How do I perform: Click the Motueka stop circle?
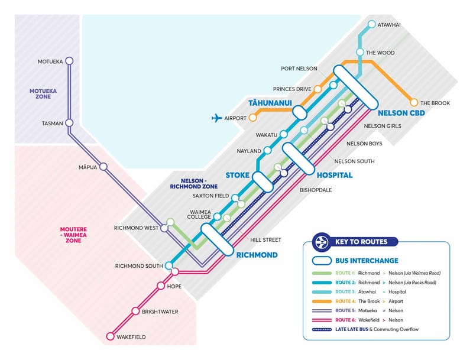[x=69, y=61]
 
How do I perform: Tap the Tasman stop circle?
[x=69, y=123]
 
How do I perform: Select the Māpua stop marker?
[x=103, y=167]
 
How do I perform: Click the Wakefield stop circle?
[x=111, y=336]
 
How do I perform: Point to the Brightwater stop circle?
[x=136, y=311]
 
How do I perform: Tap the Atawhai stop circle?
[x=372, y=24]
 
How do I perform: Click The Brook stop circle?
[x=414, y=102]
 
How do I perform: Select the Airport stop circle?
[x=252, y=118]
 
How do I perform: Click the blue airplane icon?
[x=216, y=118]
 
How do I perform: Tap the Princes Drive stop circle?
[x=318, y=89]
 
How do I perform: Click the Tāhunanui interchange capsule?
[x=300, y=112]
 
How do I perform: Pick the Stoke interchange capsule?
[x=263, y=182]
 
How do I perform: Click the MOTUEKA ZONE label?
[x=43, y=94]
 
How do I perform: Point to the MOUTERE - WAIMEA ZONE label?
[x=73, y=235]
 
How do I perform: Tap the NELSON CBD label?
[x=401, y=113]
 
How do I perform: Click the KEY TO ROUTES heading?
[x=361, y=242]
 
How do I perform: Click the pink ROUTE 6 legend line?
[x=322, y=320]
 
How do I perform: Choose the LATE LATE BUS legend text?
[x=352, y=329]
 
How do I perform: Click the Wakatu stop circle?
[x=284, y=134]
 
